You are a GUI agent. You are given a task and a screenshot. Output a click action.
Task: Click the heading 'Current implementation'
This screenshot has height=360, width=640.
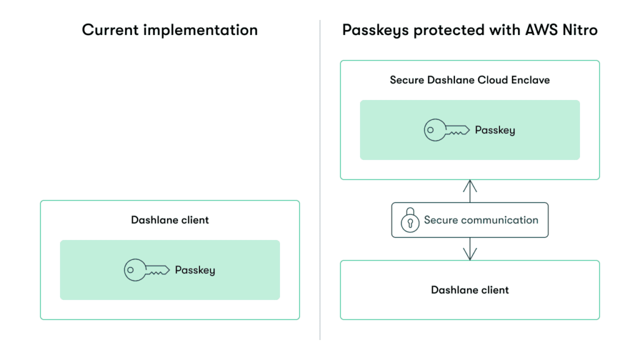(169, 30)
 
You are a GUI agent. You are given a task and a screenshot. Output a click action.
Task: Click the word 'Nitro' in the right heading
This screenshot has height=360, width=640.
(577, 30)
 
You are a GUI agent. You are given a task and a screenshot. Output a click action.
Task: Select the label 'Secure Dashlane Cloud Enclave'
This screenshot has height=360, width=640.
(469, 80)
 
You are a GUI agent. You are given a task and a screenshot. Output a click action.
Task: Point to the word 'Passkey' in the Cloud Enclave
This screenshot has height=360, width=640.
(495, 131)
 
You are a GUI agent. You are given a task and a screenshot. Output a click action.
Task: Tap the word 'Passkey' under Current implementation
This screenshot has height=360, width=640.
(195, 270)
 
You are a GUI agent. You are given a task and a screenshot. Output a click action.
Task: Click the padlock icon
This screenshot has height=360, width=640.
(410, 220)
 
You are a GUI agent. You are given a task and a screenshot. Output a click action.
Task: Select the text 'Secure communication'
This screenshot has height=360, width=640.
(481, 220)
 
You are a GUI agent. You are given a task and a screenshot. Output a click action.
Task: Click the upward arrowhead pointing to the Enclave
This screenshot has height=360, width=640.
(469, 184)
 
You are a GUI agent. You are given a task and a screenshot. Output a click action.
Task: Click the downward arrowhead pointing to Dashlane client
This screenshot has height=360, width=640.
(469, 254)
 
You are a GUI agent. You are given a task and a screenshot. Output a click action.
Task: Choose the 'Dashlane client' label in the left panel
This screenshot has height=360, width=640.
(170, 220)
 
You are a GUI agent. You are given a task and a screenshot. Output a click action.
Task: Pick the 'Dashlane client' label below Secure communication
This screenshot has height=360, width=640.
(469, 290)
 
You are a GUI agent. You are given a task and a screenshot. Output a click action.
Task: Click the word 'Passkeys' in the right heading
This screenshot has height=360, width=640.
(369, 30)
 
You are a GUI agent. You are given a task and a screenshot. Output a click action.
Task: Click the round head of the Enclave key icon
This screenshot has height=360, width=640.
(432, 131)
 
